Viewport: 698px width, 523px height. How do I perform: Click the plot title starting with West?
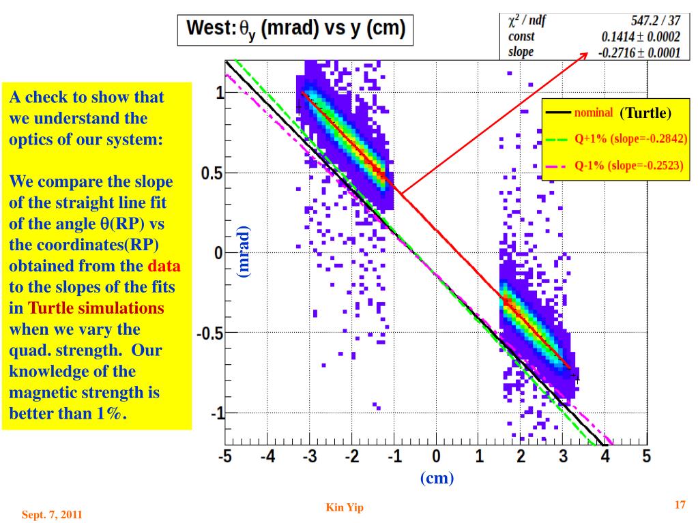(295, 30)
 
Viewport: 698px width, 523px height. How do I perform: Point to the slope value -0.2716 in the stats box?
(640, 53)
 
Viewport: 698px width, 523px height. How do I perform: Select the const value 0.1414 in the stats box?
(641, 37)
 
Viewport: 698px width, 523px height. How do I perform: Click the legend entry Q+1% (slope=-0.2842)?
(630, 138)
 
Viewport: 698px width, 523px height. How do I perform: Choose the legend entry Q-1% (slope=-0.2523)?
(629, 165)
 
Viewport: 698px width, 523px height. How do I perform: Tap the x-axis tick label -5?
(225, 456)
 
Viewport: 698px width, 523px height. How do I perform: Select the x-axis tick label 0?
(437, 456)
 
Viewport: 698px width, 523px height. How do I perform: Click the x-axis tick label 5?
(647, 456)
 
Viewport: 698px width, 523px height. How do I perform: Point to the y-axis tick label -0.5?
(207, 333)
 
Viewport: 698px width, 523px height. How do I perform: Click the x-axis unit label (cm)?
(437, 478)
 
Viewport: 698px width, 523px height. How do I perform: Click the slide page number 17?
(680, 505)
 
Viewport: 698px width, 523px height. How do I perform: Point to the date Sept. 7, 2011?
(52, 515)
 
